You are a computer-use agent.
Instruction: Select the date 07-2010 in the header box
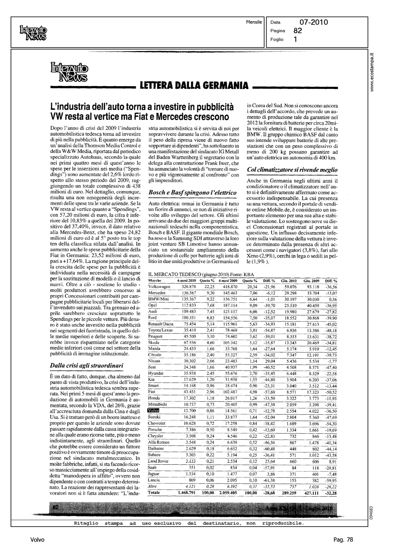(314, 22)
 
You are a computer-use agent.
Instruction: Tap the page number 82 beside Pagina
(298, 31)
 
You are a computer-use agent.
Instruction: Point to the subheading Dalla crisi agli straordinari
(86, 365)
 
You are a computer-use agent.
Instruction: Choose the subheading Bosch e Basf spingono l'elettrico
(192, 192)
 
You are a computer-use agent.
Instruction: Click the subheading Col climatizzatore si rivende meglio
(292, 170)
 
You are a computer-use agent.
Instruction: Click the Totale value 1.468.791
(187, 493)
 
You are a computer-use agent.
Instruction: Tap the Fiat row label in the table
(152, 392)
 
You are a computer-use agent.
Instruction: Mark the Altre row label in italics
(152, 486)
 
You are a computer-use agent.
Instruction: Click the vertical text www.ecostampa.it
(373, 72)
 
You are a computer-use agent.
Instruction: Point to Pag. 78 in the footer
(343, 539)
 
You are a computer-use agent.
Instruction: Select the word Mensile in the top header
(254, 22)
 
